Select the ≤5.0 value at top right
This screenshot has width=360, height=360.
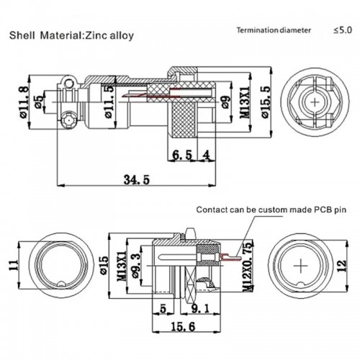(343, 30)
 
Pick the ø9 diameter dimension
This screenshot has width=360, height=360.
(225, 102)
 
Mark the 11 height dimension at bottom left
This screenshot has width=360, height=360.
(13, 266)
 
